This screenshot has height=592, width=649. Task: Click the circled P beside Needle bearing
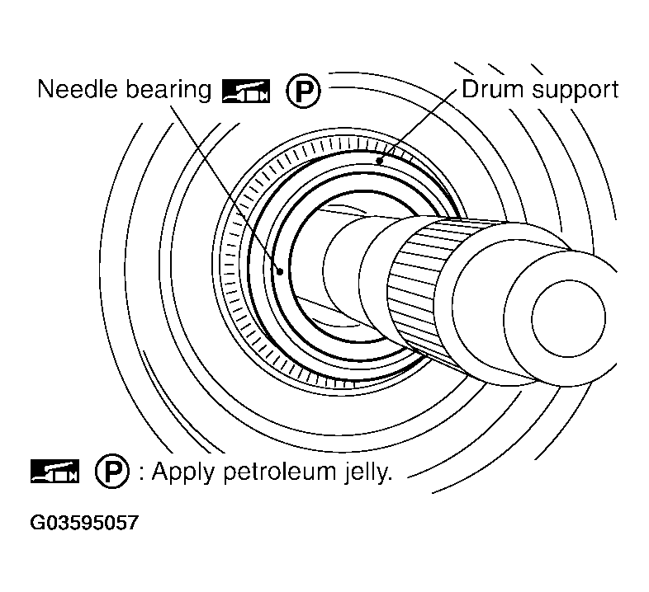pyautogui.click(x=302, y=92)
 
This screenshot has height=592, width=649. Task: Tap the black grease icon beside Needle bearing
pyautogui.click(x=245, y=91)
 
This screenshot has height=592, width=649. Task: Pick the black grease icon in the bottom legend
pyautogui.click(x=54, y=472)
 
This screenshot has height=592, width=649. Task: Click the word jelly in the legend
pyautogui.click(x=362, y=472)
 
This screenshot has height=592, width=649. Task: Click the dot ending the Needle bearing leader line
pyautogui.click(x=281, y=270)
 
